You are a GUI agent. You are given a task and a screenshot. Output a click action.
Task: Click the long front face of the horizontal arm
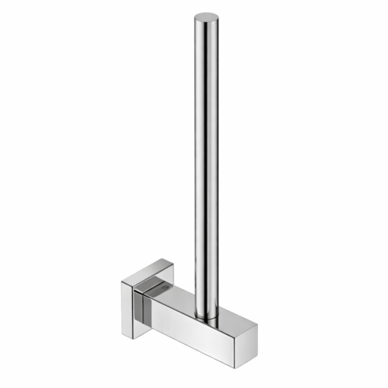[x=190, y=323]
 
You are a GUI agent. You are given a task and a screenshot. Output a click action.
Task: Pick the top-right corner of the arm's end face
[x=257, y=326]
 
